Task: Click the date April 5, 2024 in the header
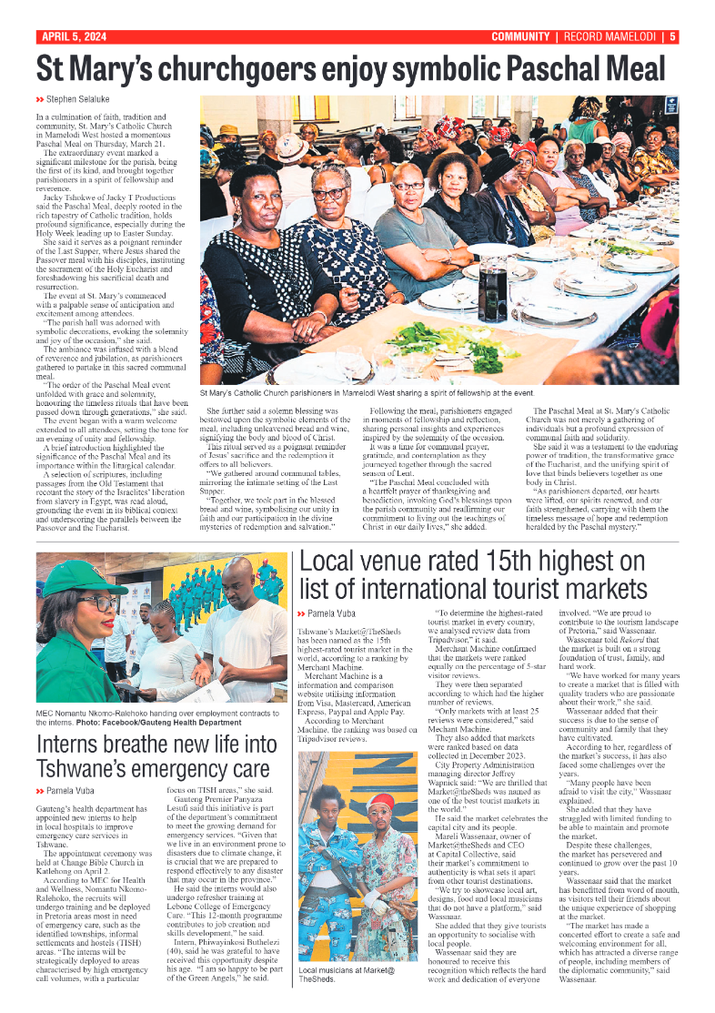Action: (74, 37)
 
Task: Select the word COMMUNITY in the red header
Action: (520, 37)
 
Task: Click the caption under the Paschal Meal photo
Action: (367, 393)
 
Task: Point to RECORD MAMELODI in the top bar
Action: (612, 37)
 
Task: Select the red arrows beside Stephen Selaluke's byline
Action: (40, 98)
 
